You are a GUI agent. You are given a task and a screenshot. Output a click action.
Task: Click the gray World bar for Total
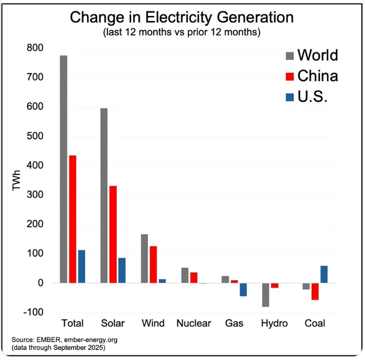click(x=63, y=169)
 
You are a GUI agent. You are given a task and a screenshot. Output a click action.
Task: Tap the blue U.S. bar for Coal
click(x=324, y=274)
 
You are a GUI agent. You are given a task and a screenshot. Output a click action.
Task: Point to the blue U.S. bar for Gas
click(x=243, y=289)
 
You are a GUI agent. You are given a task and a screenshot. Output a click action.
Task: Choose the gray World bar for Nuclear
click(x=185, y=275)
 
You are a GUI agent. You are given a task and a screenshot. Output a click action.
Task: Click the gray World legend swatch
click(x=289, y=55)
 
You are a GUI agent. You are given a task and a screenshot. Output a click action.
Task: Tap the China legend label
click(x=317, y=76)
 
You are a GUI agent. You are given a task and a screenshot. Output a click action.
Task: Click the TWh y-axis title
click(x=17, y=181)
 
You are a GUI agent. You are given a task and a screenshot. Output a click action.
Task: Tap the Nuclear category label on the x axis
click(x=194, y=324)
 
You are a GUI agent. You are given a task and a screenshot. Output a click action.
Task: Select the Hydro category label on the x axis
click(x=274, y=324)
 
